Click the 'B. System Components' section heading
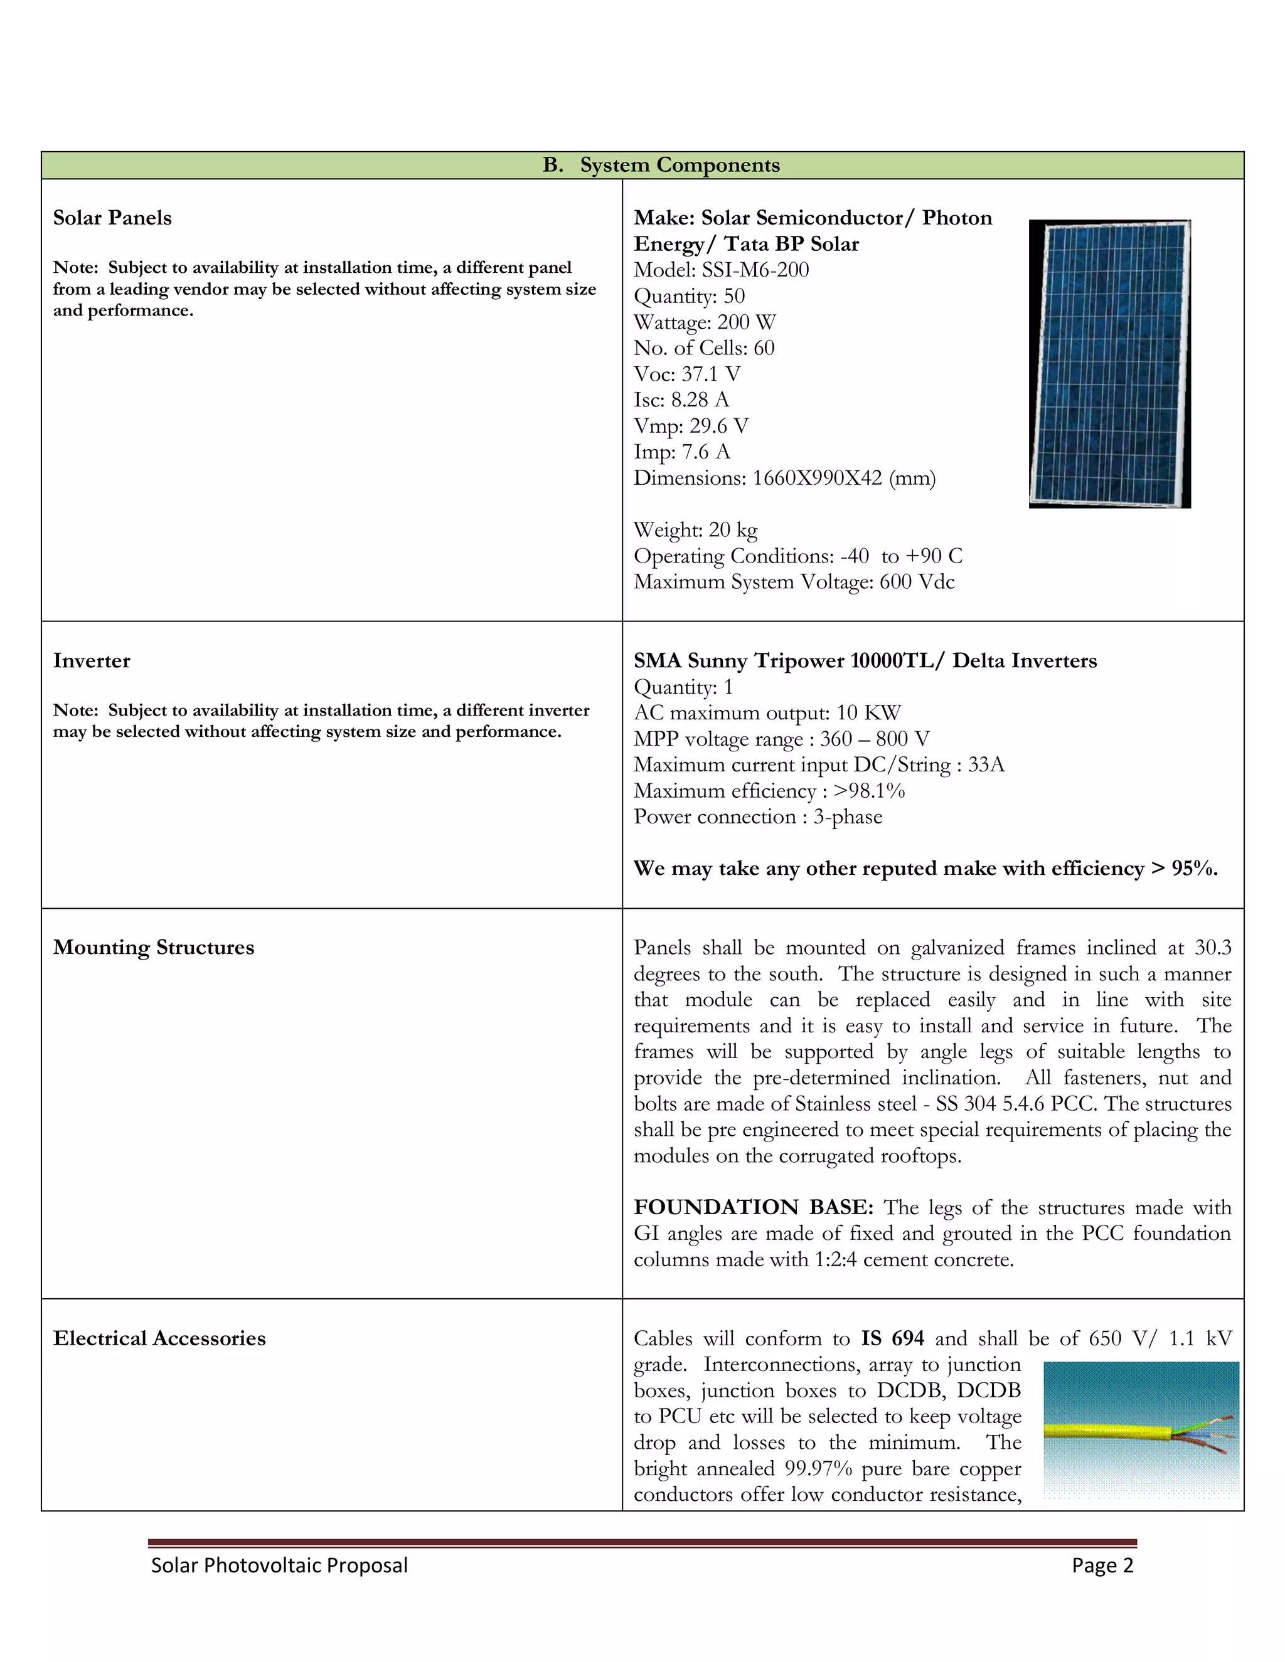(661, 165)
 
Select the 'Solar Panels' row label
(112, 218)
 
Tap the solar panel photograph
(1109, 364)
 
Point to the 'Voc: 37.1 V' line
(686, 374)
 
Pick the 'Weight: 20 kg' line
(695, 530)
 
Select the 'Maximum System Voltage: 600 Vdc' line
(793, 581)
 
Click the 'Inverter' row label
(92, 660)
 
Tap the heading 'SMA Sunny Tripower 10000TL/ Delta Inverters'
(865, 660)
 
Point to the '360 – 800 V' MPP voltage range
(874, 739)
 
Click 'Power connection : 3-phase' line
(757, 817)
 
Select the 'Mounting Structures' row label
(153, 948)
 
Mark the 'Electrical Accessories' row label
(159, 1338)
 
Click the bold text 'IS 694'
(892, 1338)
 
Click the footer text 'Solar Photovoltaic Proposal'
(279, 1565)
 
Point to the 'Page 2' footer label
(1102, 1565)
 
